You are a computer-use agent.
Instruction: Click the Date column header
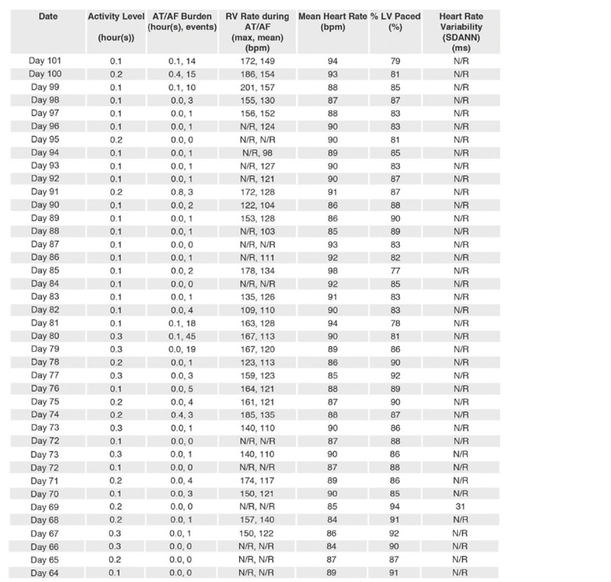48,16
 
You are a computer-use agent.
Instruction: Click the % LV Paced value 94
395,507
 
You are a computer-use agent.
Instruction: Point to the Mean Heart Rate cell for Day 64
333,572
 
